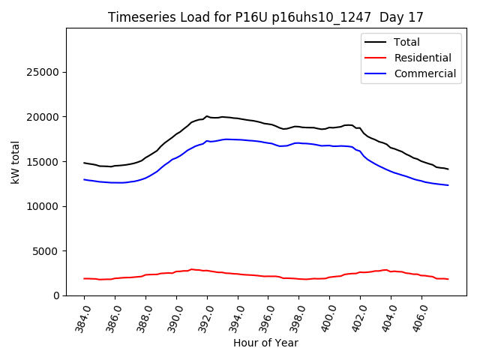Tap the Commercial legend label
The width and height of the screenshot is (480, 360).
(425, 73)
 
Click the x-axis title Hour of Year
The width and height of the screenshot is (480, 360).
(265, 343)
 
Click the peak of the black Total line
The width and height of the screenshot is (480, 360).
(207, 116)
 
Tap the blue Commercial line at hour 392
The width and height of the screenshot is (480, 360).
(207, 140)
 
